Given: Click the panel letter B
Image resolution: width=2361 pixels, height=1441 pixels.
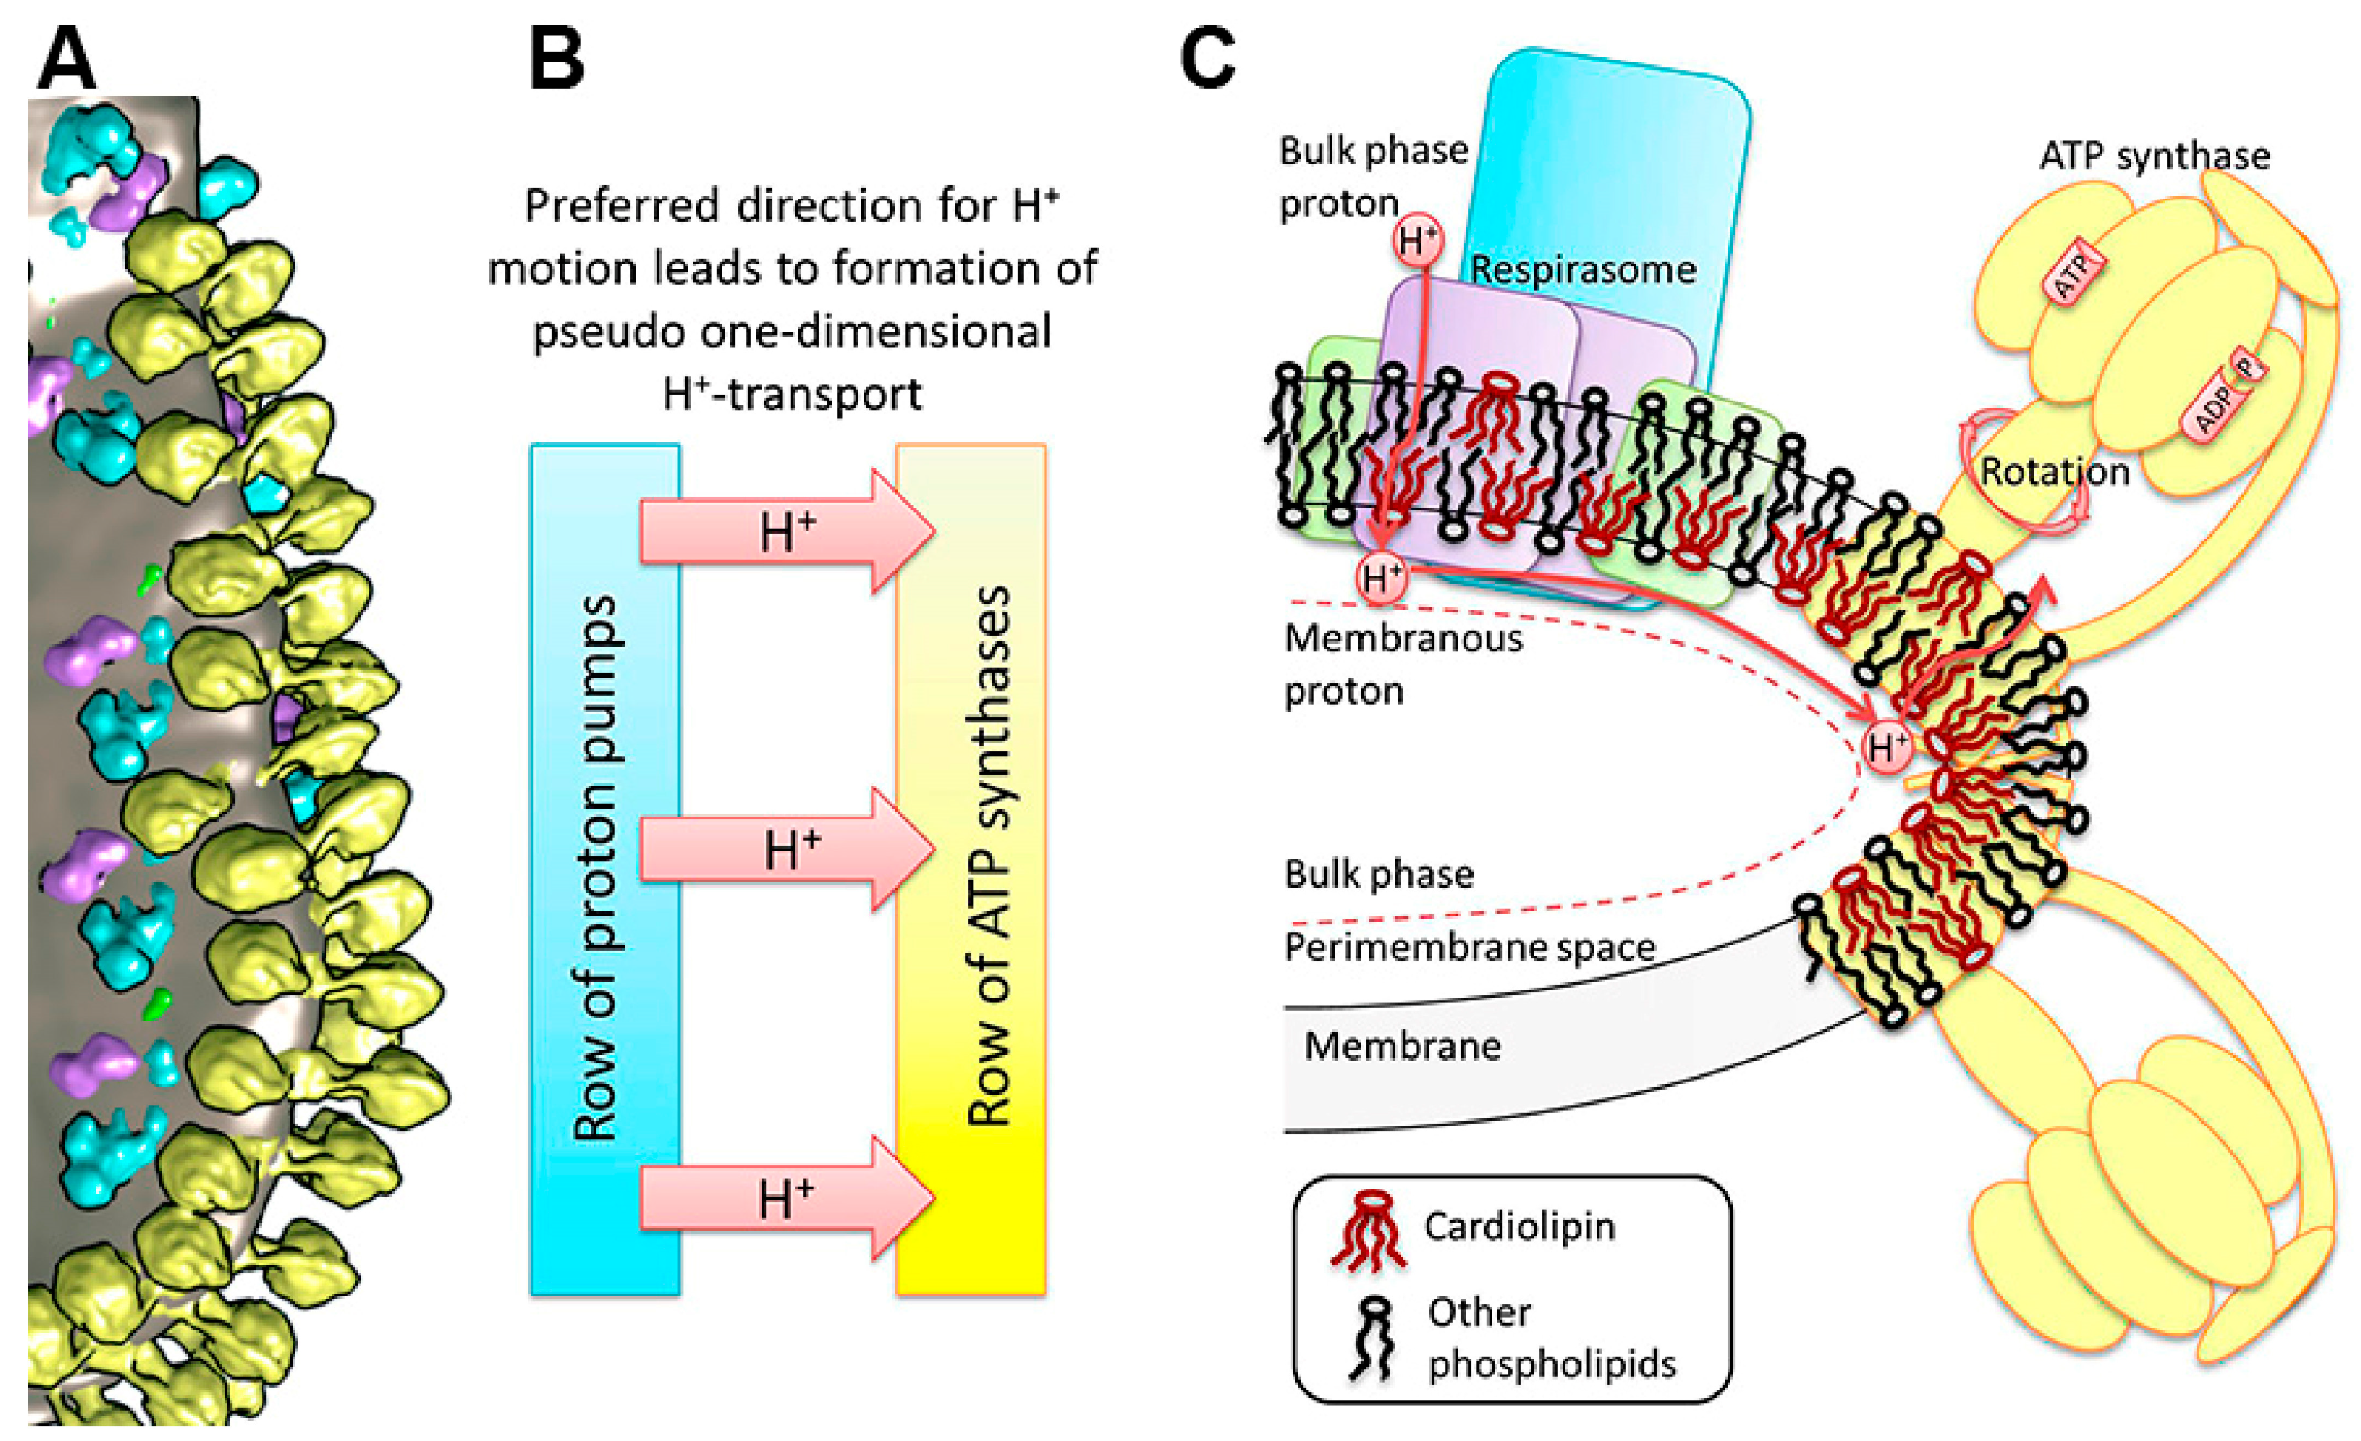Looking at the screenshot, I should click(557, 59).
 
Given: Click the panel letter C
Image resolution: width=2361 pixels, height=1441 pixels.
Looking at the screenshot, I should click(1207, 59).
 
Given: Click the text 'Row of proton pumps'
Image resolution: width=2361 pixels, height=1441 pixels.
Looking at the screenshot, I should click(596, 867).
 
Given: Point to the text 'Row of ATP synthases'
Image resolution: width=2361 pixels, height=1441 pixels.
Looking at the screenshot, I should click(989, 858).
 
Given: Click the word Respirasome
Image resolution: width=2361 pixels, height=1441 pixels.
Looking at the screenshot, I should click(1583, 270).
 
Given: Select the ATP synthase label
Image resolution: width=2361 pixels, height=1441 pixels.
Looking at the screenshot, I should click(2154, 156).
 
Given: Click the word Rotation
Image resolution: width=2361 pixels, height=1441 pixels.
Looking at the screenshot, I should click(2054, 472).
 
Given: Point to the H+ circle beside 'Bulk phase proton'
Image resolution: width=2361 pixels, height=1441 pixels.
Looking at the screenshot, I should click(1418, 240).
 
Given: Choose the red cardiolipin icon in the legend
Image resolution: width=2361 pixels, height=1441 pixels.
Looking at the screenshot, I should click(1368, 1230).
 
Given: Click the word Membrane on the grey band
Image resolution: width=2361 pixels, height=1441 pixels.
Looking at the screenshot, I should click(1402, 1046).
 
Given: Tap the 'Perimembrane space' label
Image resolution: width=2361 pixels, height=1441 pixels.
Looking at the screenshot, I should click(1469, 948).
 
